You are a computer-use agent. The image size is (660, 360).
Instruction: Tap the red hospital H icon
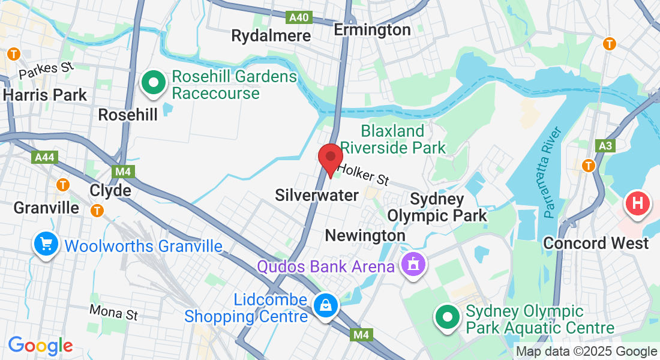638,204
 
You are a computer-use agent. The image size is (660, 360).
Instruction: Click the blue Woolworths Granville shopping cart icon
46,244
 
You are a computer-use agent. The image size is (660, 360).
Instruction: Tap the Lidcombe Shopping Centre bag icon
325,306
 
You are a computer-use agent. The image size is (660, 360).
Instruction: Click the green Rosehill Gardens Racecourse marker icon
154,83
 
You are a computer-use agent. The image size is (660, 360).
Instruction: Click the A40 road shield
299,17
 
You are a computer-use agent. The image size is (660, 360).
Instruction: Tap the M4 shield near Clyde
123,172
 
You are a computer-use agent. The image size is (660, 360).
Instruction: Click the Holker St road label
363,175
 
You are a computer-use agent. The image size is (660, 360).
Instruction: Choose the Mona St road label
113,312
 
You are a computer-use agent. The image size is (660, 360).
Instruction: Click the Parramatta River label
554,172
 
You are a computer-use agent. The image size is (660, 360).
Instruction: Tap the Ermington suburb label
372,29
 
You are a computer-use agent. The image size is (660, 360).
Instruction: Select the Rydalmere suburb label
271,35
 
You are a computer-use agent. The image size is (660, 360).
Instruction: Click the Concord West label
596,243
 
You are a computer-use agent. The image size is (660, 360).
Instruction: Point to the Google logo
40,346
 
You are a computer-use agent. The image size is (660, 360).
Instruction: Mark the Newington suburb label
365,236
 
